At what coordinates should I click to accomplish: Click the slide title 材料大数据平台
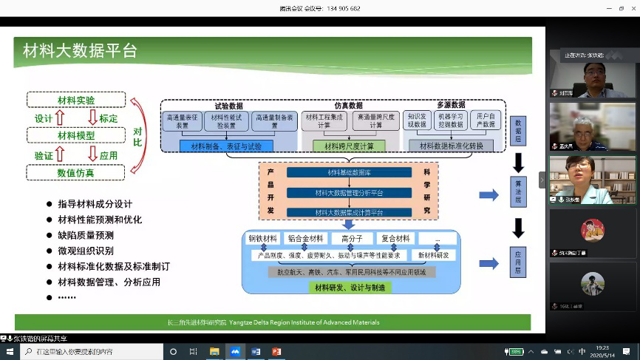tap(80, 51)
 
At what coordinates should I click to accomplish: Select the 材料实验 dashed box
tap(76, 100)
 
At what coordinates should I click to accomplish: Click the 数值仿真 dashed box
tap(76, 172)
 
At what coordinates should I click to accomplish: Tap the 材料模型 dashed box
tap(76, 136)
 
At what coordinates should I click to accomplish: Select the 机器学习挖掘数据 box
tap(452, 120)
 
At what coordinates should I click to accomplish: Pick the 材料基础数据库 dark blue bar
tap(349, 172)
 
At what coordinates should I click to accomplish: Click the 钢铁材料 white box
tap(263, 239)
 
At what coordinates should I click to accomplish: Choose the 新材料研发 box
tap(433, 255)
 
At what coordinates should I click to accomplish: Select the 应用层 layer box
tap(518, 261)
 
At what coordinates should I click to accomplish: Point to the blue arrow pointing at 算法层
tap(488, 194)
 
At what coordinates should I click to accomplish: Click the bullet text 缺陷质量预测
tap(86, 235)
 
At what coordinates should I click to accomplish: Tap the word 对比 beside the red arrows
tap(137, 136)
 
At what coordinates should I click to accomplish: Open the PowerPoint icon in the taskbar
tap(277, 352)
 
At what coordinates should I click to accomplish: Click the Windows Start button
tap(10, 352)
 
